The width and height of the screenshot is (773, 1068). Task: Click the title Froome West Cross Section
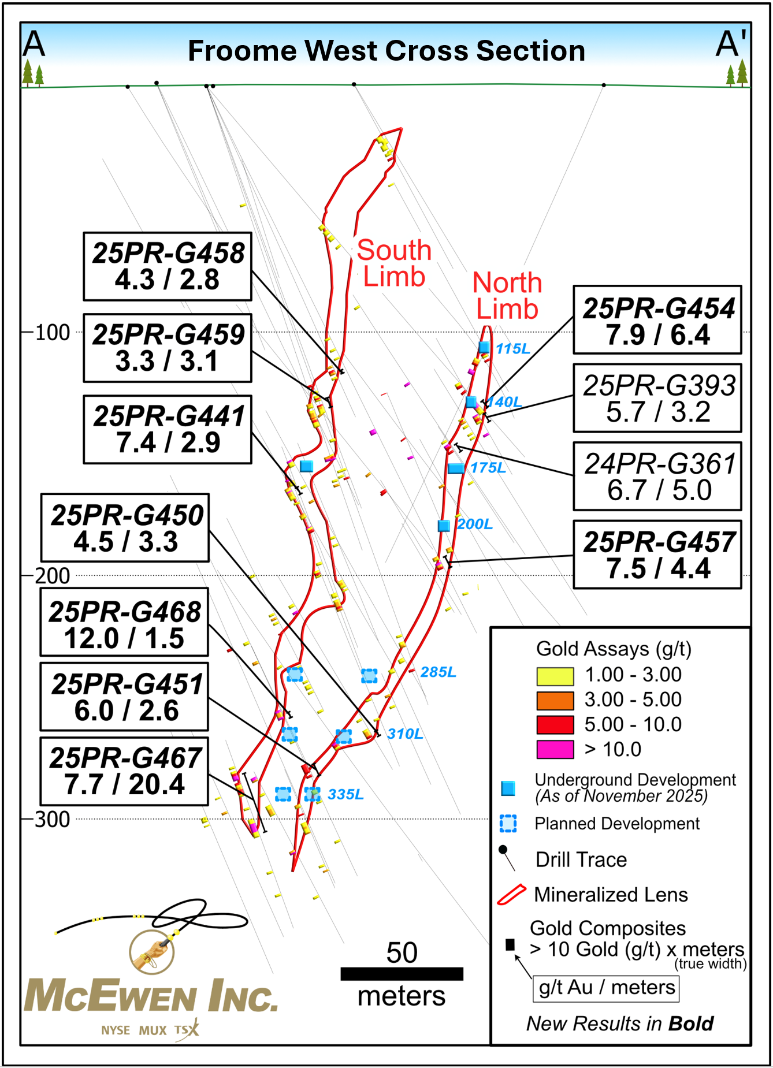tap(386, 51)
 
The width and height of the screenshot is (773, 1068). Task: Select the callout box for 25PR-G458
tap(168, 266)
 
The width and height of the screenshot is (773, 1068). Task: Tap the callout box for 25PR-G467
tap(124, 771)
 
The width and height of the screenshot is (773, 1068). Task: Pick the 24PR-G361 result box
tap(657, 477)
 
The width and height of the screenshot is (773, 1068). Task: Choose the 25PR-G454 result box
tap(657, 320)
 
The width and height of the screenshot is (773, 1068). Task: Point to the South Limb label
tap(394, 263)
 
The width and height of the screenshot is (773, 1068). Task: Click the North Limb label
tap(507, 296)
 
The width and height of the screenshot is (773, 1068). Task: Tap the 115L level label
tap(512, 349)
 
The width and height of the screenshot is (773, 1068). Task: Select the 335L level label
tap(345, 794)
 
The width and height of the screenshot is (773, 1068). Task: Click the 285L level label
tap(438, 672)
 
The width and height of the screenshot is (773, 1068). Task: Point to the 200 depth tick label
tap(53, 576)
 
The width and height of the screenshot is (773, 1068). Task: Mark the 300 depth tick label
tap(53, 819)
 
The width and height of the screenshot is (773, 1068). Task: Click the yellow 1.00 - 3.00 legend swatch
tap(555, 676)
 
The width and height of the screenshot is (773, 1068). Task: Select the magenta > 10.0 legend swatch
tap(555, 749)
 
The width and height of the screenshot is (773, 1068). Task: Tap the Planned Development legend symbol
tap(508, 823)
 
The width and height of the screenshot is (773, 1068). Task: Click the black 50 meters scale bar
tap(402, 974)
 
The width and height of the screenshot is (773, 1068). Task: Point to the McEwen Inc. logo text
tap(151, 996)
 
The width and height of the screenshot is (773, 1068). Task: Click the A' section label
tap(731, 44)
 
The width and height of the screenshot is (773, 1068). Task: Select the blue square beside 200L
tap(444, 526)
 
